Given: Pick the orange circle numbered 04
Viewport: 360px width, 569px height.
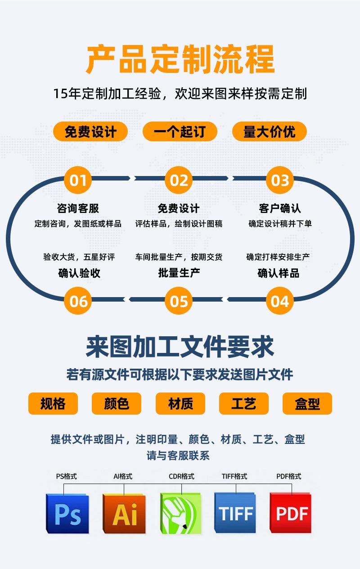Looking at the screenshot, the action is (280, 301).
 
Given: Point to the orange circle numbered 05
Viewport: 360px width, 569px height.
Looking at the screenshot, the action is (179, 301).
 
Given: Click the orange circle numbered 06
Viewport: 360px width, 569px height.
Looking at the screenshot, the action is (78, 301).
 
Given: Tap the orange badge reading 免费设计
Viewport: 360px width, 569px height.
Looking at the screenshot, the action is (90, 131).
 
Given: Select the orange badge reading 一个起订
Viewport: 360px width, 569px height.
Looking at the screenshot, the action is (180, 131).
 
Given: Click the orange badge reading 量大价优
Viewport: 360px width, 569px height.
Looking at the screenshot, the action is (269, 131).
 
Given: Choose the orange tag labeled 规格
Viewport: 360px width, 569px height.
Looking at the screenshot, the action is (53, 403).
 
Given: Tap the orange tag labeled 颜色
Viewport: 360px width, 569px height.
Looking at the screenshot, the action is (117, 403).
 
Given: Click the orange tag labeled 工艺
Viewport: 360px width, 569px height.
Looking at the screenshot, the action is (243, 403).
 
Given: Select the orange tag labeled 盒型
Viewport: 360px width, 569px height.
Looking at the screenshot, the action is (307, 403).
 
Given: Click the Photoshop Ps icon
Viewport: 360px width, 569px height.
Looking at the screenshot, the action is (67, 513).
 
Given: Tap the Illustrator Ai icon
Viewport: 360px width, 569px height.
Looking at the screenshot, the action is (124, 513).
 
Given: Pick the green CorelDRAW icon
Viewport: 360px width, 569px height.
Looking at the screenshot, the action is (181, 513).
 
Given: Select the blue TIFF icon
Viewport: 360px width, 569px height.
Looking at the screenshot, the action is (235, 513).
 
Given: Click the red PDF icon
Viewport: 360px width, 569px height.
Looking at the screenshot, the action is (291, 513).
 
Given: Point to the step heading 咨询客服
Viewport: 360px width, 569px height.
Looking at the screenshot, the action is (78, 208).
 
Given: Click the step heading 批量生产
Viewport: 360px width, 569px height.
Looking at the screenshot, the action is (179, 273).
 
